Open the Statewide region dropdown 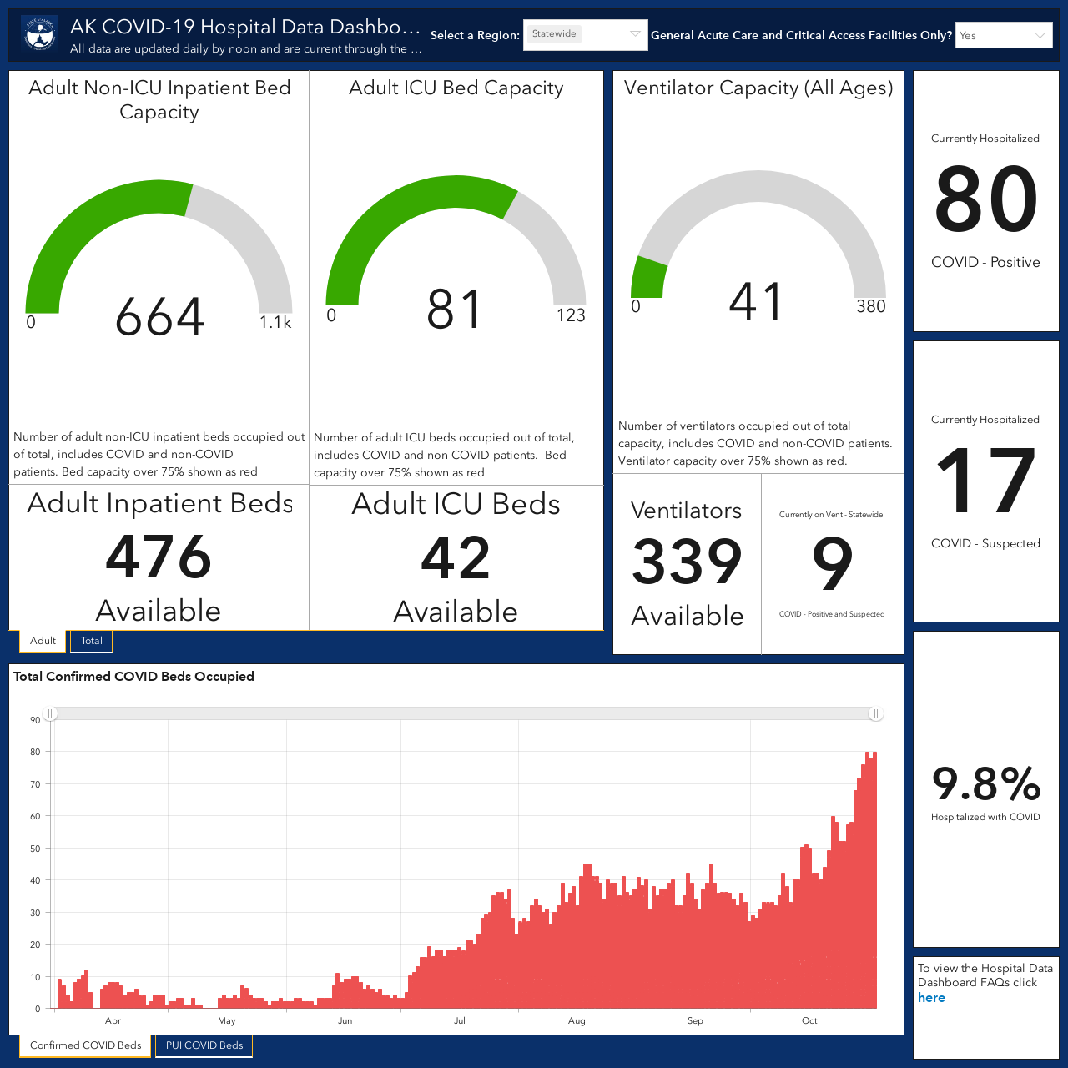585,35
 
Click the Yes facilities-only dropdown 1004,35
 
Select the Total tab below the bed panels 92,641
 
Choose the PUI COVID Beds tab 204,1045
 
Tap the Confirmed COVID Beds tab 85,1045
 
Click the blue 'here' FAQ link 931,998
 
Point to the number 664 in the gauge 159,316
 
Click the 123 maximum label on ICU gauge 571,315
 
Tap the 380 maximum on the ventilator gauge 871,306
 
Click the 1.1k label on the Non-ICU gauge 275,322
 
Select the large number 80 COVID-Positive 985,199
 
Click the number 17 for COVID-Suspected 985,480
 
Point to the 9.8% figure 986,783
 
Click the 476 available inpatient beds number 159,556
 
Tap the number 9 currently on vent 832,563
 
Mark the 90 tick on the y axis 36,720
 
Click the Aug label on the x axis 577,1021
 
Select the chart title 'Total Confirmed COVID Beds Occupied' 133,676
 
